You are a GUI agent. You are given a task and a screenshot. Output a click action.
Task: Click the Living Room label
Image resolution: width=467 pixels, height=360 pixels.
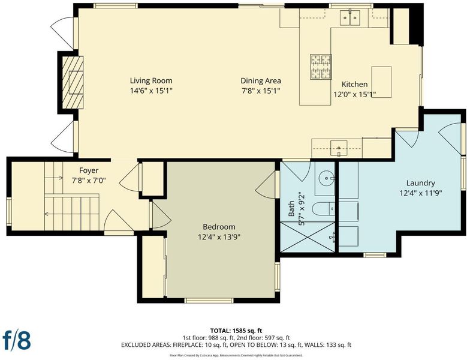(151, 80)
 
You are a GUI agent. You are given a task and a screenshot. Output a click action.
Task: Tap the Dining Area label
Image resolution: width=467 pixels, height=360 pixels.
(261, 80)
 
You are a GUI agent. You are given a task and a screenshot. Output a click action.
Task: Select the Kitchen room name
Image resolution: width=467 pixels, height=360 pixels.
(354, 84)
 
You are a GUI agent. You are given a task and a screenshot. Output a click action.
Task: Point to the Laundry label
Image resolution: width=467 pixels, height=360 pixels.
(420, 183)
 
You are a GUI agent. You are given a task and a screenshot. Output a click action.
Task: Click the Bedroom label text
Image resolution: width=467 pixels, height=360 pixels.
(219, 227)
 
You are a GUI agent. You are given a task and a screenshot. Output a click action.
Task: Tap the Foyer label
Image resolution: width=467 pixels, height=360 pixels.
(89, 170)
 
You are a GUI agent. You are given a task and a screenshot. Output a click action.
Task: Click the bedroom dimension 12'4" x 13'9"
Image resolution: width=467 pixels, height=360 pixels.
(219, 237)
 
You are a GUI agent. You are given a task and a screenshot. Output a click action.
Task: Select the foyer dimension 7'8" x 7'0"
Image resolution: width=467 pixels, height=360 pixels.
(89, 180)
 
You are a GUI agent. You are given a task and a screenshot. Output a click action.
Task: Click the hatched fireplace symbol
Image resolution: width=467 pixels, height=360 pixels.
(73, 83)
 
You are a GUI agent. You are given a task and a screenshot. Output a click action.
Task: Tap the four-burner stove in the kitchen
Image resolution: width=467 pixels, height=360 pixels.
(321, 67)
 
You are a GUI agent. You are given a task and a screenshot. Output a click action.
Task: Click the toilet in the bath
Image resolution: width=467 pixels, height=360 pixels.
(324, 208)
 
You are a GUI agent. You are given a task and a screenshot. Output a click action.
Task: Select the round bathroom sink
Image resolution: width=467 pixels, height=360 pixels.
(326, 178)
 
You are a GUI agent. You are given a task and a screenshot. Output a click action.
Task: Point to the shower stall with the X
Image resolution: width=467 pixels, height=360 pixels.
(308, 236)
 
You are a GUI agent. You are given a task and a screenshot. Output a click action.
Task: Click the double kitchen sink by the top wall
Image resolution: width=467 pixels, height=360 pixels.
(350, 17)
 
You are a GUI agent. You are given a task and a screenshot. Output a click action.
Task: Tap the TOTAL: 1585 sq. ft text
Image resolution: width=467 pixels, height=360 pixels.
(236, 331)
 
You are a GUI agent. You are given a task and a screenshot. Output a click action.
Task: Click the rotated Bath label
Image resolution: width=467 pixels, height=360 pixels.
(291, 208)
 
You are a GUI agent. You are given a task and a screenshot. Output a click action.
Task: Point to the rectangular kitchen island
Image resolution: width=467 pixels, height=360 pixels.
(381, 82)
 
